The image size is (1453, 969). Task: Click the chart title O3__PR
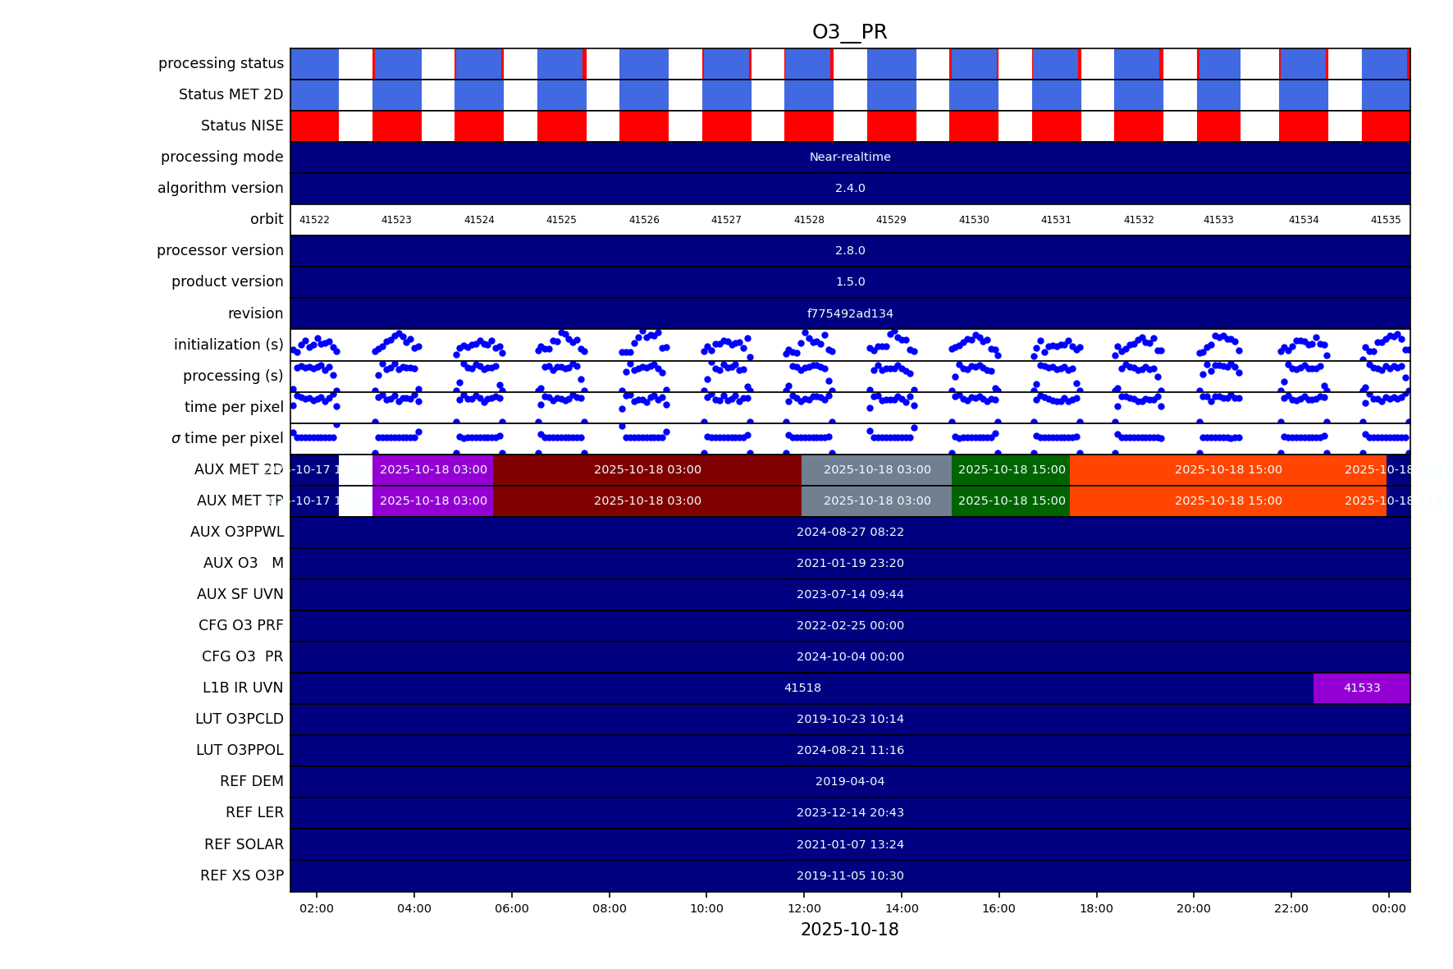click(x=849, y=32)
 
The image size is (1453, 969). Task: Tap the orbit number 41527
click(x=726, y=220)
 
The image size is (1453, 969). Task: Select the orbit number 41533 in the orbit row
click(x=1218, y=220)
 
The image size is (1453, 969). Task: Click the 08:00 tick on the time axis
click(x=610, y=908)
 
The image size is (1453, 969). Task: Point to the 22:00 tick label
click(x=1291, y=908)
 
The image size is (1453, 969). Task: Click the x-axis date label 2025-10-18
click(x=849, y=930)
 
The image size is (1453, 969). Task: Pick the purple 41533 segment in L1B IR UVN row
click(x=1361, y=688)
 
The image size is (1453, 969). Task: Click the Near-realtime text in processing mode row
click(x=850, y=157)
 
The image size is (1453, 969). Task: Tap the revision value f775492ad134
click(x=850, y=313)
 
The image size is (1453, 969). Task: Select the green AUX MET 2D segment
click(x=1011, y=470)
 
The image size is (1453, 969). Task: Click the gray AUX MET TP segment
click(x=876, y=501)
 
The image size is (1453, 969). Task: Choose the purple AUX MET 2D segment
click(x=433, y=470)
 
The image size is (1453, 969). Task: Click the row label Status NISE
click(x=242, y=126)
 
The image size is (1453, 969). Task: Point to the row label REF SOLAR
click(x=244, y=844)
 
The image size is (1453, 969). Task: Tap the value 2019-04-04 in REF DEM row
click(x=850, y=782)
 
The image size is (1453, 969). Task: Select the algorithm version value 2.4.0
click(x=850, y=188)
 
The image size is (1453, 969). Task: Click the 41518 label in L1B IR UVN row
click(x=802, y=688)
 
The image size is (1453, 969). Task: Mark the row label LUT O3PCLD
click(x=240, y=720)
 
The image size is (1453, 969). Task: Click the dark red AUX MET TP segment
click(x=647, y=501)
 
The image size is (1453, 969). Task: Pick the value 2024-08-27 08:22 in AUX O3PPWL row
click(x=850, y=532)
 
